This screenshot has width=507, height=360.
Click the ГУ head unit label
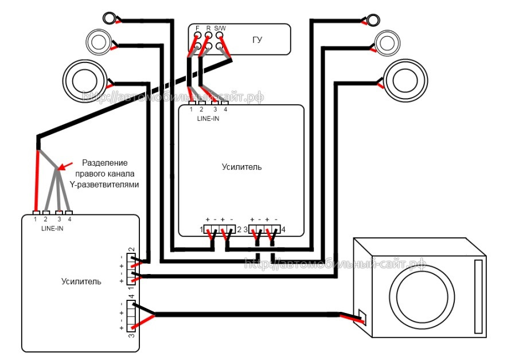(257, 40)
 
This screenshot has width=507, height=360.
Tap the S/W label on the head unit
(220, 29)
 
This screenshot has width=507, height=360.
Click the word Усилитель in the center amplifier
(241, 167)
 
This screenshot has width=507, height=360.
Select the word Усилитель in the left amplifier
(81, 281)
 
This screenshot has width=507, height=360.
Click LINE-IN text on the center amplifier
(208, 119)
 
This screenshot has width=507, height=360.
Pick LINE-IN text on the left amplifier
(52, 229)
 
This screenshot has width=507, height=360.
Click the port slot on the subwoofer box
(478, 297)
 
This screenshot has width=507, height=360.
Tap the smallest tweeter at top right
(373, 19)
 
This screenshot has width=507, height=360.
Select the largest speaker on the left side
(85, 81)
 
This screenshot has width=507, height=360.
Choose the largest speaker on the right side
(405, 80)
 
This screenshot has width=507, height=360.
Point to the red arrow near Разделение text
(65, 166)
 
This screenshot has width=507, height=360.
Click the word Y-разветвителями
(104, 185)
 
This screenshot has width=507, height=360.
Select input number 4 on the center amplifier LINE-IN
(225, 109)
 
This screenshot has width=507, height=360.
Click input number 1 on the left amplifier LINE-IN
(36, 220)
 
